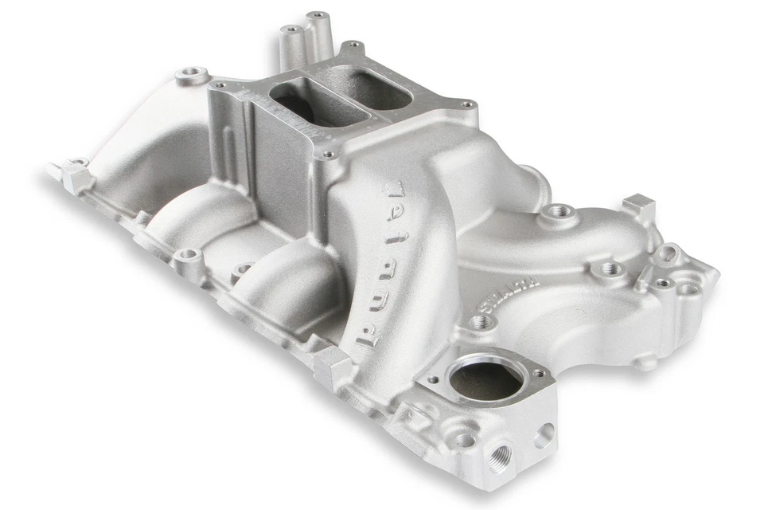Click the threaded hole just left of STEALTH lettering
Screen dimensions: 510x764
click(x=479, y=322)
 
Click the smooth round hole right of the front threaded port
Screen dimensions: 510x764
click(x=546, y=434)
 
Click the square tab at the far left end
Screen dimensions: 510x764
click(x=77, y=175)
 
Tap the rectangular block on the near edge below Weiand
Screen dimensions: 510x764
click(x=333, y=366)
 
